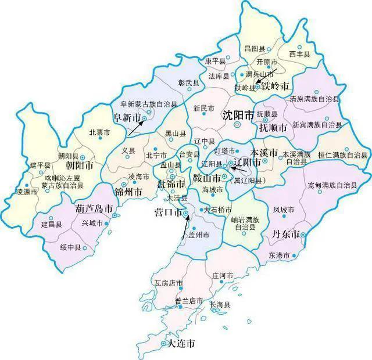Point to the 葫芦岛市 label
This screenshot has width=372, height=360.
[x=94, y=208]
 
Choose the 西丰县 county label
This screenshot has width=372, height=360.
[x=300, y=54]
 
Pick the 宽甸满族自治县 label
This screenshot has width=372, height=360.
[x=331, y=186]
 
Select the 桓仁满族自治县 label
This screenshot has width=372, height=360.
[x=343, y=155]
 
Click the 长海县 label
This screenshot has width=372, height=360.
[x=220, y=304]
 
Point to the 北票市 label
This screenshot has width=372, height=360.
[x=99, y=132]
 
